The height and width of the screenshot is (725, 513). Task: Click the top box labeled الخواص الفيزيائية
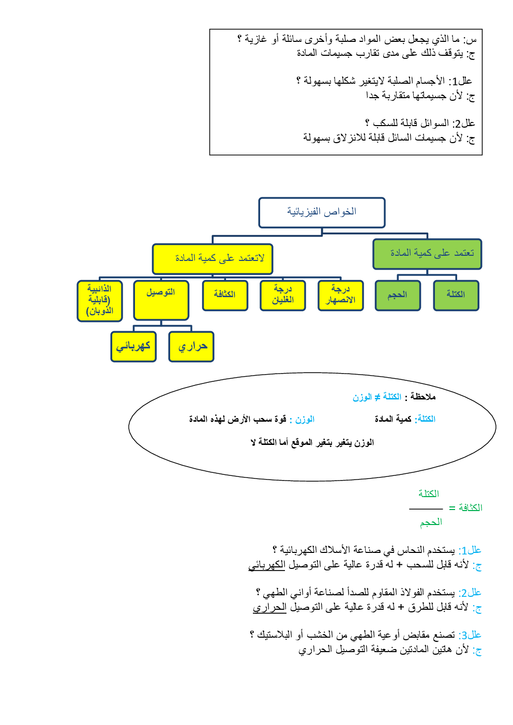click(322, 212)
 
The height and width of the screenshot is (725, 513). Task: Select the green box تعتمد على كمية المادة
click(427, 254)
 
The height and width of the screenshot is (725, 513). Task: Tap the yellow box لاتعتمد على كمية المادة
click(213, 259)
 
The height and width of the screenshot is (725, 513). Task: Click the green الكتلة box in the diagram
click(456, 295)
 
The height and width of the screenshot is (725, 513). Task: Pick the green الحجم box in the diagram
click(398, 295)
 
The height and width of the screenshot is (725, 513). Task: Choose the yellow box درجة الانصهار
click(340, 295)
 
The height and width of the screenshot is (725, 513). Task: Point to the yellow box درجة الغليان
click(282, 295)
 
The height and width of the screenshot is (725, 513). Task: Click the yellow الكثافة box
click(225, 295)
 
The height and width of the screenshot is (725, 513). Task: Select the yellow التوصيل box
click(161, 300)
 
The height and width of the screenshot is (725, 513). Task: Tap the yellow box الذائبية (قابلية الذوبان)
click(99, 301)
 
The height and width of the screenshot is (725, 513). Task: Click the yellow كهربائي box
click(133, 346)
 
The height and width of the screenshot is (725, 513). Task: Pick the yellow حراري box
click(191, 346)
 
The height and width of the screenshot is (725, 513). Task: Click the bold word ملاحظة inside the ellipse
click(423, 397)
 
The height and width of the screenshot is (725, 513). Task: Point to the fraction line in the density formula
click(426, 509)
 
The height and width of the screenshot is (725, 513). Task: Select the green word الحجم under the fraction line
click(431, 522)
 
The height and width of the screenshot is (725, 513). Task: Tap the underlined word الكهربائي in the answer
click(267, 565)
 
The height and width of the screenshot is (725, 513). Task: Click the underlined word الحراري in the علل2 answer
click(269, 607)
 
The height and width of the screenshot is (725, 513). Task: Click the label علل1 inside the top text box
click(461, 81)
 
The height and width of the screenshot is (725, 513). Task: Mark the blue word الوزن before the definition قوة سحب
click(305, 419)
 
